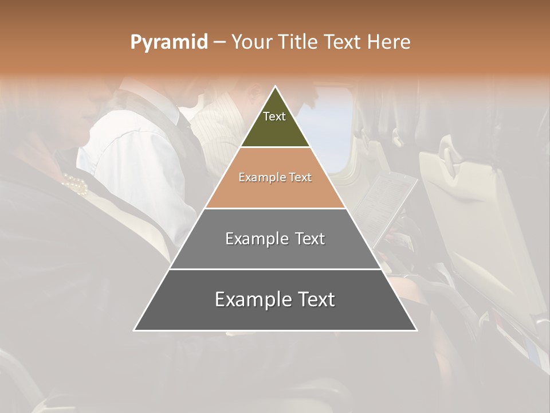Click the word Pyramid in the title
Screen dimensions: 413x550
pos(168,42)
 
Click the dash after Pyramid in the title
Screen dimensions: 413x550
pos(219,42)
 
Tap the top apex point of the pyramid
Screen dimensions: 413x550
pos(276,87)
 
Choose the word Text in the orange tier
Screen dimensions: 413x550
pos(300,177)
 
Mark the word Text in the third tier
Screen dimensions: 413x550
pos(310,239)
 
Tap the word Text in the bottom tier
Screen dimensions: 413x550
pos(315,299)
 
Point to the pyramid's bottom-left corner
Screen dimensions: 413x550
pos(134,330)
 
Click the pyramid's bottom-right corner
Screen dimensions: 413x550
pos(417,330)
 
